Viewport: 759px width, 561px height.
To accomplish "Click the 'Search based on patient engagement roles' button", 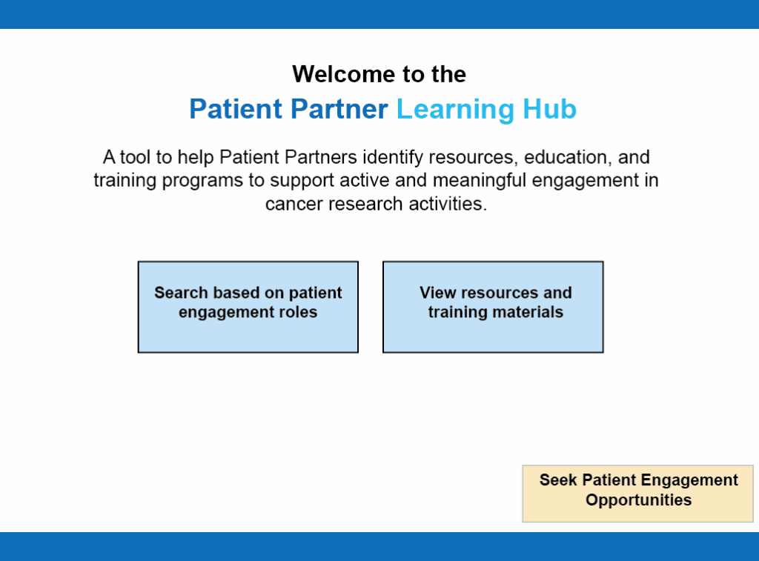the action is (248, 307).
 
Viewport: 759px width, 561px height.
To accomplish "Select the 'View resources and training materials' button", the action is (493, 307).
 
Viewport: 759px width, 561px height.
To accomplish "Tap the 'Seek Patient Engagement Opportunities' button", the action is (638, 494).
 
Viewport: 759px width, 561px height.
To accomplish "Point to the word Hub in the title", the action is (549, 109).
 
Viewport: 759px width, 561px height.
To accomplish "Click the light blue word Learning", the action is (455, 110).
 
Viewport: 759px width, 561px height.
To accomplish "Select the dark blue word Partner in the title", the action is (339, 109).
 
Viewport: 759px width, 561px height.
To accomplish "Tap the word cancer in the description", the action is (294, 205).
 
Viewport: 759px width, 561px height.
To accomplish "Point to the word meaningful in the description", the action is (479, 181).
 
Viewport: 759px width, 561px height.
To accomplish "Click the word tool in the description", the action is (135, 157).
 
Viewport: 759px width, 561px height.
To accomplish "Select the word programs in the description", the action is (202, 182).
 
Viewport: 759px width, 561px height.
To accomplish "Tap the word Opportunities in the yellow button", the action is (638, 500).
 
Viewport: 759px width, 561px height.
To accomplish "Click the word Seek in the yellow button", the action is (558, 479).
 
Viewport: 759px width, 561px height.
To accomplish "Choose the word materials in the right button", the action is (528, 312).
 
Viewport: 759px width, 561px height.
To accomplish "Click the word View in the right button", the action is (438, 293).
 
